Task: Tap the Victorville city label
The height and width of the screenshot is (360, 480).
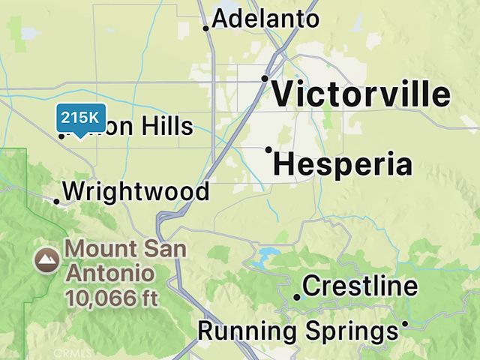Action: coord(361,95)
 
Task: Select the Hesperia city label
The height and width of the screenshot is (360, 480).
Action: coord(343,164)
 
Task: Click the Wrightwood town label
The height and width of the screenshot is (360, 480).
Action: coord(136,192)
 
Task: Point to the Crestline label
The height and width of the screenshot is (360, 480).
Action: coord(359,286)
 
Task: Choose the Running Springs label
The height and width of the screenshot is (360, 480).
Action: coord(297,331)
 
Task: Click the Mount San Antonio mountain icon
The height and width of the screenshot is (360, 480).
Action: coord(48,260)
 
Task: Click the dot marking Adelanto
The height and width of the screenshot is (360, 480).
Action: coord(206,28)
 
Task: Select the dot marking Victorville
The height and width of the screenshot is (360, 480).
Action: coord(265,78)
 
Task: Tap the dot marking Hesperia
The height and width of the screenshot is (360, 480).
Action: coord(268,149)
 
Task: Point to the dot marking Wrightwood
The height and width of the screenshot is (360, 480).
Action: coord(56,200)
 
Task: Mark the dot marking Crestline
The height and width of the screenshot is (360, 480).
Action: coord(297,297)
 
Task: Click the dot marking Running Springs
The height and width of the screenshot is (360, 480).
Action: coord(405,324)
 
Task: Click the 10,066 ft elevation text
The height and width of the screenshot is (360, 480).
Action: coord(112,298)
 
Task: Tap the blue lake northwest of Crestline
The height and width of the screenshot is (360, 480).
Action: coord(262,259)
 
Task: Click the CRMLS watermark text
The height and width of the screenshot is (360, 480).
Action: coord(73,352)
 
